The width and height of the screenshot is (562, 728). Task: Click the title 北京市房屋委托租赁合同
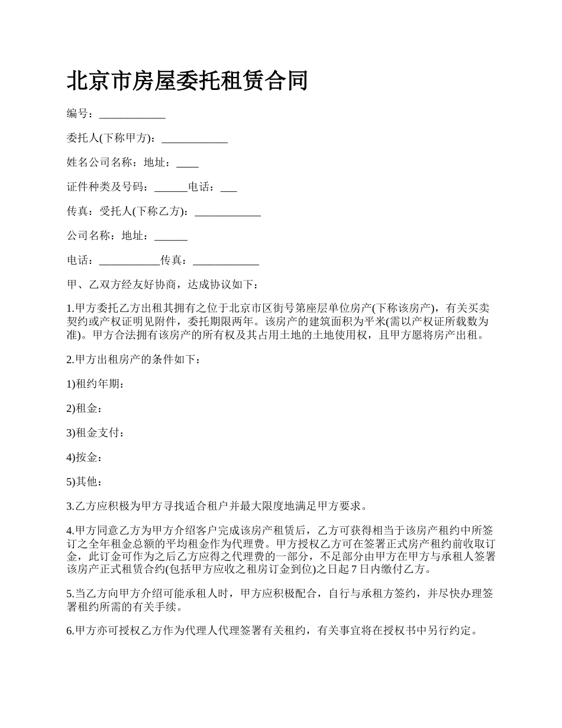pos(187,80)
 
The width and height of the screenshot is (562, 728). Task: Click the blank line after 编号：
pos(132,115)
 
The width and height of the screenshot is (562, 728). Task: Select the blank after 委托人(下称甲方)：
pos(195,140)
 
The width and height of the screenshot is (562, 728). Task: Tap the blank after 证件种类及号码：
pos(171,188)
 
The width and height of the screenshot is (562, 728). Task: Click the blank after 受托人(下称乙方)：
pos(228,212)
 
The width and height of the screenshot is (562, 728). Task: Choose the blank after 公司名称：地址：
pos(171,237)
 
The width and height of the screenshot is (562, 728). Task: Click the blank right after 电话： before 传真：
pos(130,261)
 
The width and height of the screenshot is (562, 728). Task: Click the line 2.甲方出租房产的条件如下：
pos(134,359)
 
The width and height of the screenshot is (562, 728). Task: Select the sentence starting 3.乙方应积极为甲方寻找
pos(217,506)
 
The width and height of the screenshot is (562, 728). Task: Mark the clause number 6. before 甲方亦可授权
pos(70,631)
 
